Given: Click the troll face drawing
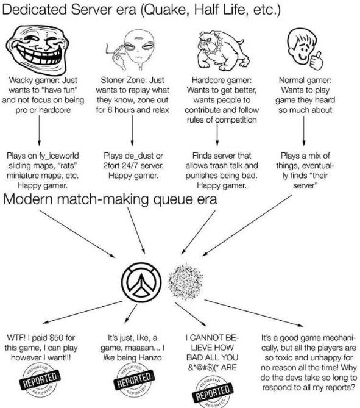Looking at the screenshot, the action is click(37, 49).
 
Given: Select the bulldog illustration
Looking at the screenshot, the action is click(222, 50).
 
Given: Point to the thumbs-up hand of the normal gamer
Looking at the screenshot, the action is click(316, 60).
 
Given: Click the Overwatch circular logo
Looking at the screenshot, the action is click(141, 282).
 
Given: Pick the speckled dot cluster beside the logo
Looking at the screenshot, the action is click(185, 282).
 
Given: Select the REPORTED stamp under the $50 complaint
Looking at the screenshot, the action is click(40, 379).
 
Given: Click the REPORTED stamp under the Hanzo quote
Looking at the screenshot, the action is click(134, 379).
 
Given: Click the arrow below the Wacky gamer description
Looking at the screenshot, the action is click(39, 131).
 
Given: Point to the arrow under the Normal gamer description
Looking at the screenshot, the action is click(303, 131).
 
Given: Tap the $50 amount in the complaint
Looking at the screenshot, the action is click(57, 338).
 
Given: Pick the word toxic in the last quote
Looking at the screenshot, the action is click(286, 357).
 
